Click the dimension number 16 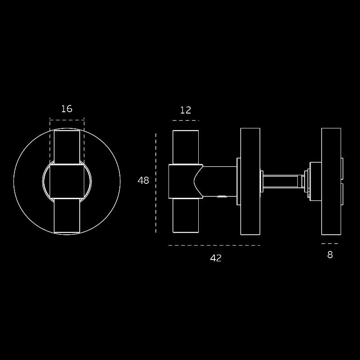pyautogui.click(x=67, y=109)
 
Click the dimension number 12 pyautogui.click(x=186, y=110)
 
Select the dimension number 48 pyautogui.click(x=143, y=181)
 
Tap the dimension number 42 pyautogui.click(x=216, y=258)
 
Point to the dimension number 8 pyautogui.click(x=330, y=255)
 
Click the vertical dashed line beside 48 pyautogui.click(x=155, y=183)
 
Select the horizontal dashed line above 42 pyautogui.click(x=214, y=246)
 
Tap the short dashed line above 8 pyautogui.click(x=330, y=244)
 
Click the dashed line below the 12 pyautogui.click(x=186, y=120)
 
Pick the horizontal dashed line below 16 pyautogui.click(x=67, y=120)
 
